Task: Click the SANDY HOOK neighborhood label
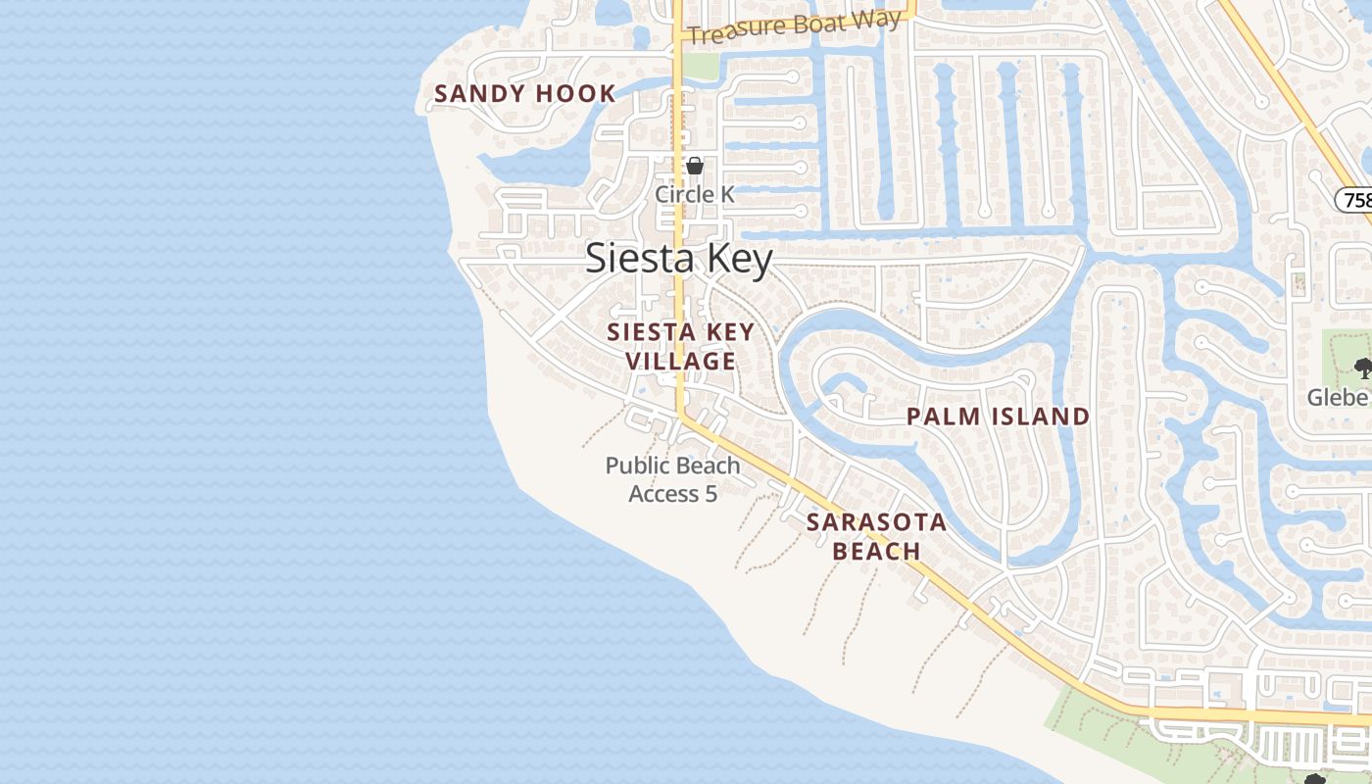click(524, 94)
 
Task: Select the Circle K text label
click(694, 194)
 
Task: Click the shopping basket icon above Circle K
click(695, 166)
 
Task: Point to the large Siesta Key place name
click(679, 259)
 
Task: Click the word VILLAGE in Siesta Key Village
click(680, 361)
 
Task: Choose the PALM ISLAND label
click(998, 416)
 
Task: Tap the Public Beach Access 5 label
click(672, 479)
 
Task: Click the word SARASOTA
click(876, 522)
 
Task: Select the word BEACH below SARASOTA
click(876, 551)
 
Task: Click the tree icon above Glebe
click(1362, 367)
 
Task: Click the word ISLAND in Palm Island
click(1041, 416)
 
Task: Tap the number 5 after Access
click(710, 493)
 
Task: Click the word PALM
click(943, 416)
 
